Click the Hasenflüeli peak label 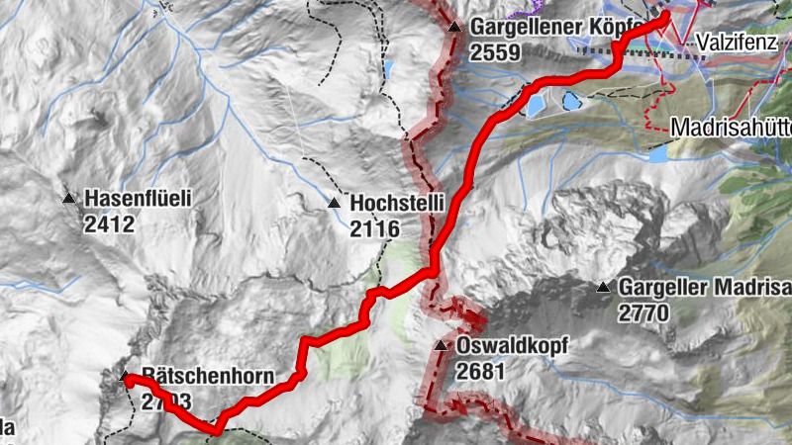pos(138,199)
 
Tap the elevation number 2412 pos(109,224)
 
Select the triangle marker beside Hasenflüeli pos(69,199)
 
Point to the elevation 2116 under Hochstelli pos(374,229)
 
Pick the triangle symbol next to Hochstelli pos(334,204)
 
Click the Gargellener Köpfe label pos(558,27)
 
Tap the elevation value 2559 pos(495,52)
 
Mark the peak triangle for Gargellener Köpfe pos(454,27)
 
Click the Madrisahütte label pos(731,128)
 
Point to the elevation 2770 pos(644,313)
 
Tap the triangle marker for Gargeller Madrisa pos(603,288)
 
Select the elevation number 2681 pos(482,372)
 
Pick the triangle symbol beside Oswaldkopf pos(442,346)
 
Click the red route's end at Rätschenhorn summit pos(128,378)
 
